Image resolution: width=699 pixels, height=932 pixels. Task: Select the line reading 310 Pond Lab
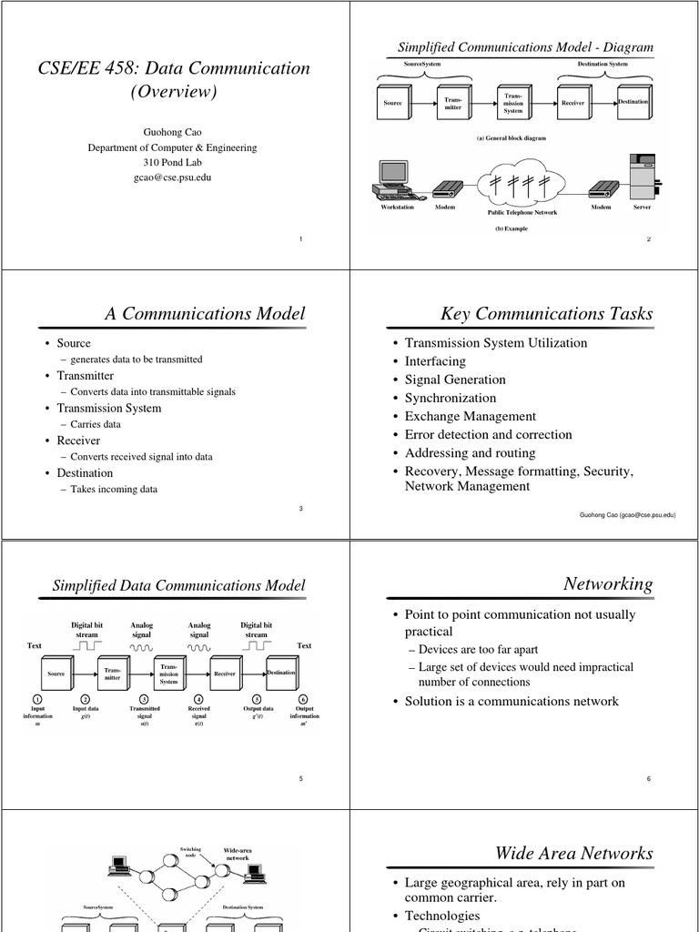[x=173, y=162]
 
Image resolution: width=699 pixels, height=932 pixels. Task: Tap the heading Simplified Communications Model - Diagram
[x=526, y=47]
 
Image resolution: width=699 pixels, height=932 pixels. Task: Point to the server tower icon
[x=643, y=177]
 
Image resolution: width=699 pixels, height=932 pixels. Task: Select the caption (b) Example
[x=512, y=228]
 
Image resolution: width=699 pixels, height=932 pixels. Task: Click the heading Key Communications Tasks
[x=547, y=314]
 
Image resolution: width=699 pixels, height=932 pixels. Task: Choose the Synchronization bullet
[x=451, y=398]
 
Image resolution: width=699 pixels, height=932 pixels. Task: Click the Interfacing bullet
[x=435, y=361]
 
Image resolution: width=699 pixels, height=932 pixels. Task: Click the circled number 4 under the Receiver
[x=199, y=699]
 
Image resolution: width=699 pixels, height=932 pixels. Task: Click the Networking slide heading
[x=608, y=584]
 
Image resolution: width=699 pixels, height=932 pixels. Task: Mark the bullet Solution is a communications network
[x=512, y=701]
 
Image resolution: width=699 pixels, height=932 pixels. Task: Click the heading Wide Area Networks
[x=573, y=853]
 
